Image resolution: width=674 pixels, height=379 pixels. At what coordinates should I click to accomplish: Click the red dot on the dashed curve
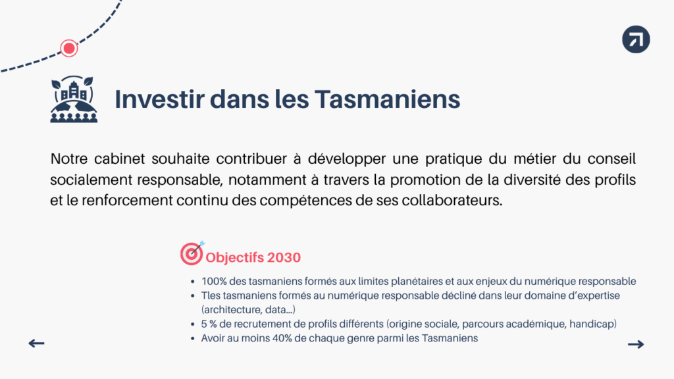tap(68, 48)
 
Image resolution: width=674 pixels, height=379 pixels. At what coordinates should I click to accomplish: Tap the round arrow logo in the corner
tap(636, 39)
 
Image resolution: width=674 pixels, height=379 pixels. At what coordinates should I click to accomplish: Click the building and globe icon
tap(74, 99)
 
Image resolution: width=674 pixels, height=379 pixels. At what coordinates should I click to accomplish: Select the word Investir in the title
tap(159, 99)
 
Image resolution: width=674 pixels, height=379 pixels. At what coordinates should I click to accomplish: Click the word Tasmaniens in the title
tap(387, 99)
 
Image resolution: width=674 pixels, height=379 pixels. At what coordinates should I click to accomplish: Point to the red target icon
tap(192, 253)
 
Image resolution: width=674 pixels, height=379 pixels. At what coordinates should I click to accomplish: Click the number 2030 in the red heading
tap(284, 257)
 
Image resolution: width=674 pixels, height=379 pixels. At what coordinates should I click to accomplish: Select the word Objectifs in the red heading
tap(234, 258)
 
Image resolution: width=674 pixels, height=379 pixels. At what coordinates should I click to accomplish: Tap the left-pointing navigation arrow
tap(37, 343)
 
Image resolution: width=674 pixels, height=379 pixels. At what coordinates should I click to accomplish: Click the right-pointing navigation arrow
tap(636, 344)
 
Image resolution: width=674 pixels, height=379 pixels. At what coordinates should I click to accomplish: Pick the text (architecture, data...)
tap(248, 310)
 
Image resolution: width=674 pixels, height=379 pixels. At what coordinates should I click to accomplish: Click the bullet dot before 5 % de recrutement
tap(193, 325)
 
